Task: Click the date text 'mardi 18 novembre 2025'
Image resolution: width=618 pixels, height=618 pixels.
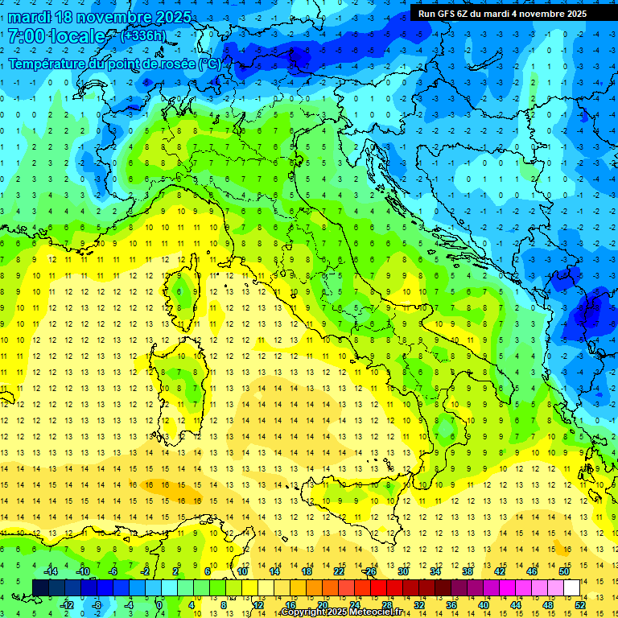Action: point(97,17)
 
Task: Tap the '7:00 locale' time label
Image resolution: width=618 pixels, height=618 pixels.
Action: point(56,36)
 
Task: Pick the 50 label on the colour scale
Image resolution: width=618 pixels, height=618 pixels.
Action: point(563,571)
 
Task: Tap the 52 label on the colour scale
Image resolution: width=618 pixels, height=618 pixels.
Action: point(579,604)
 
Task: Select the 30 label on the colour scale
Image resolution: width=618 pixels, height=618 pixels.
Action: point(402,571)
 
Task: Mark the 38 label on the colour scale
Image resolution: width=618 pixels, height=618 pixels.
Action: point(467,571)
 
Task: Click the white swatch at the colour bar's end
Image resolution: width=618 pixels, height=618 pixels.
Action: point(571,587)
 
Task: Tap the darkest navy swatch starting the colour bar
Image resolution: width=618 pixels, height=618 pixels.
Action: point(40,587)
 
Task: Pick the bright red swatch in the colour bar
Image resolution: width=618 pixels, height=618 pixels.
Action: point(378,587)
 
